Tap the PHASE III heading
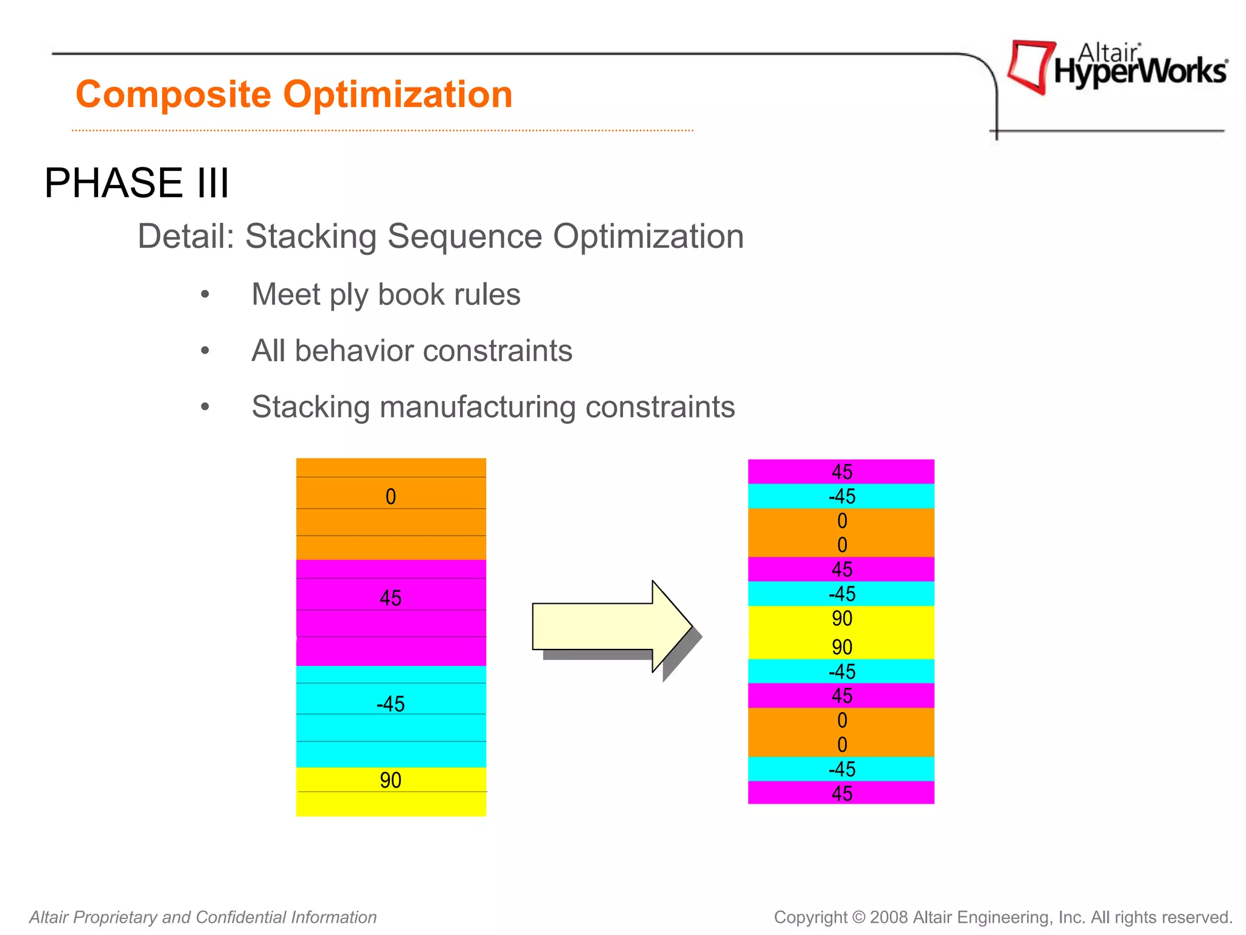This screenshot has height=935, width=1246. point(137,183)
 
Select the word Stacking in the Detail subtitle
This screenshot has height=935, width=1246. point(310,236)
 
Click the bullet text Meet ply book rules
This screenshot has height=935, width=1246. point(386,295)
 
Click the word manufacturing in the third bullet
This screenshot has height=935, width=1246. point(477,407)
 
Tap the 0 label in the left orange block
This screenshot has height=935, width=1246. point(391,497)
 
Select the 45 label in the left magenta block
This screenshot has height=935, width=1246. point(391,598)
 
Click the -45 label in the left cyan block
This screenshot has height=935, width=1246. point(391,704)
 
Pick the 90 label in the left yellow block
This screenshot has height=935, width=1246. point(391,780)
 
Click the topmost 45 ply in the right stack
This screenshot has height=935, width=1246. point(841,472)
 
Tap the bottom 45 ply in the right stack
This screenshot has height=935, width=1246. point(841,793)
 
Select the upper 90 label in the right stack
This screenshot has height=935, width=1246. point(841,618)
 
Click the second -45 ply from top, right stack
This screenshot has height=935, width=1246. point(841,594)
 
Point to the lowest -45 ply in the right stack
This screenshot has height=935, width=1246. point(841,769)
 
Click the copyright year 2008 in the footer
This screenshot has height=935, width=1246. point(888,917)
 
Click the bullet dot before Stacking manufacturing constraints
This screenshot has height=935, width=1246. point(205,407)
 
